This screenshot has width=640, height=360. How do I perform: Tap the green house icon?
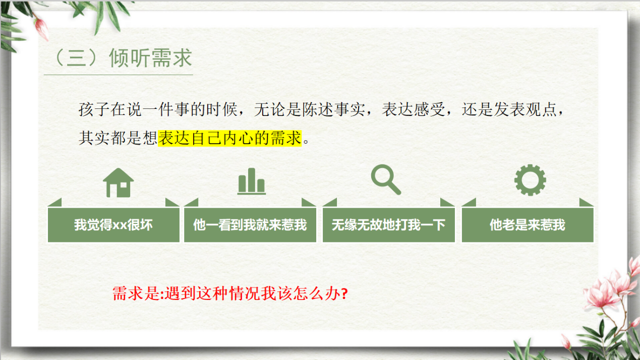click(119, 183)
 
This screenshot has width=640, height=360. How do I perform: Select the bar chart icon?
click(251, 182)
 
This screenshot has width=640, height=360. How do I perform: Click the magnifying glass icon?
click(386, 180)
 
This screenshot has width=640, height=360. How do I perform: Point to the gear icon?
click(530, 180)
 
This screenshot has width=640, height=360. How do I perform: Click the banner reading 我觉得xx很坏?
click(113, 225)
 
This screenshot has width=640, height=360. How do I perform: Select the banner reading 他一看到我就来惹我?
click(250, 225)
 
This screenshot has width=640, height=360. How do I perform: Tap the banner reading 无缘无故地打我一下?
click(388, 225)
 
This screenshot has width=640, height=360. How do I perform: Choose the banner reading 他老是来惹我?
click(528, 225)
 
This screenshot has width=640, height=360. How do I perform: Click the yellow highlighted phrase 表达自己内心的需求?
click(229, 138)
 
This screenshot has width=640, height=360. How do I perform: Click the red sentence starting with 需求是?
click(229, 293)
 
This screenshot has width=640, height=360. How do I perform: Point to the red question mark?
click(344, 293)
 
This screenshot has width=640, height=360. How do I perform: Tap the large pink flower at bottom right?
click(602, 293)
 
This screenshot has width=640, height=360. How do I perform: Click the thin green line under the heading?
click(119, 75)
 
